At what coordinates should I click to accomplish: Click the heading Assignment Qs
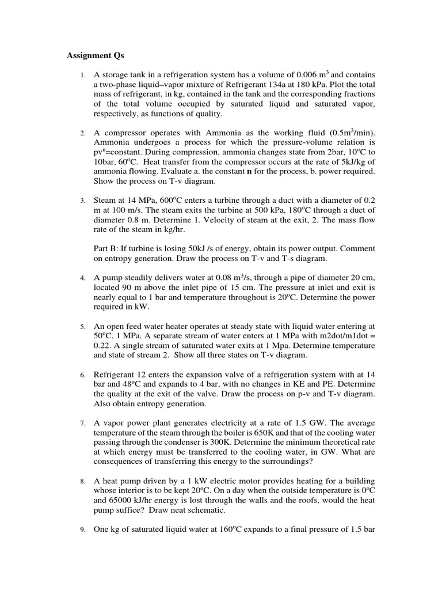click(95, 56)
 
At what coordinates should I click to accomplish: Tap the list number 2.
click(83, 133)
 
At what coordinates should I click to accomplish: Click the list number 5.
click(83, 326)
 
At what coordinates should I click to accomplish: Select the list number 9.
click(83, 530)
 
